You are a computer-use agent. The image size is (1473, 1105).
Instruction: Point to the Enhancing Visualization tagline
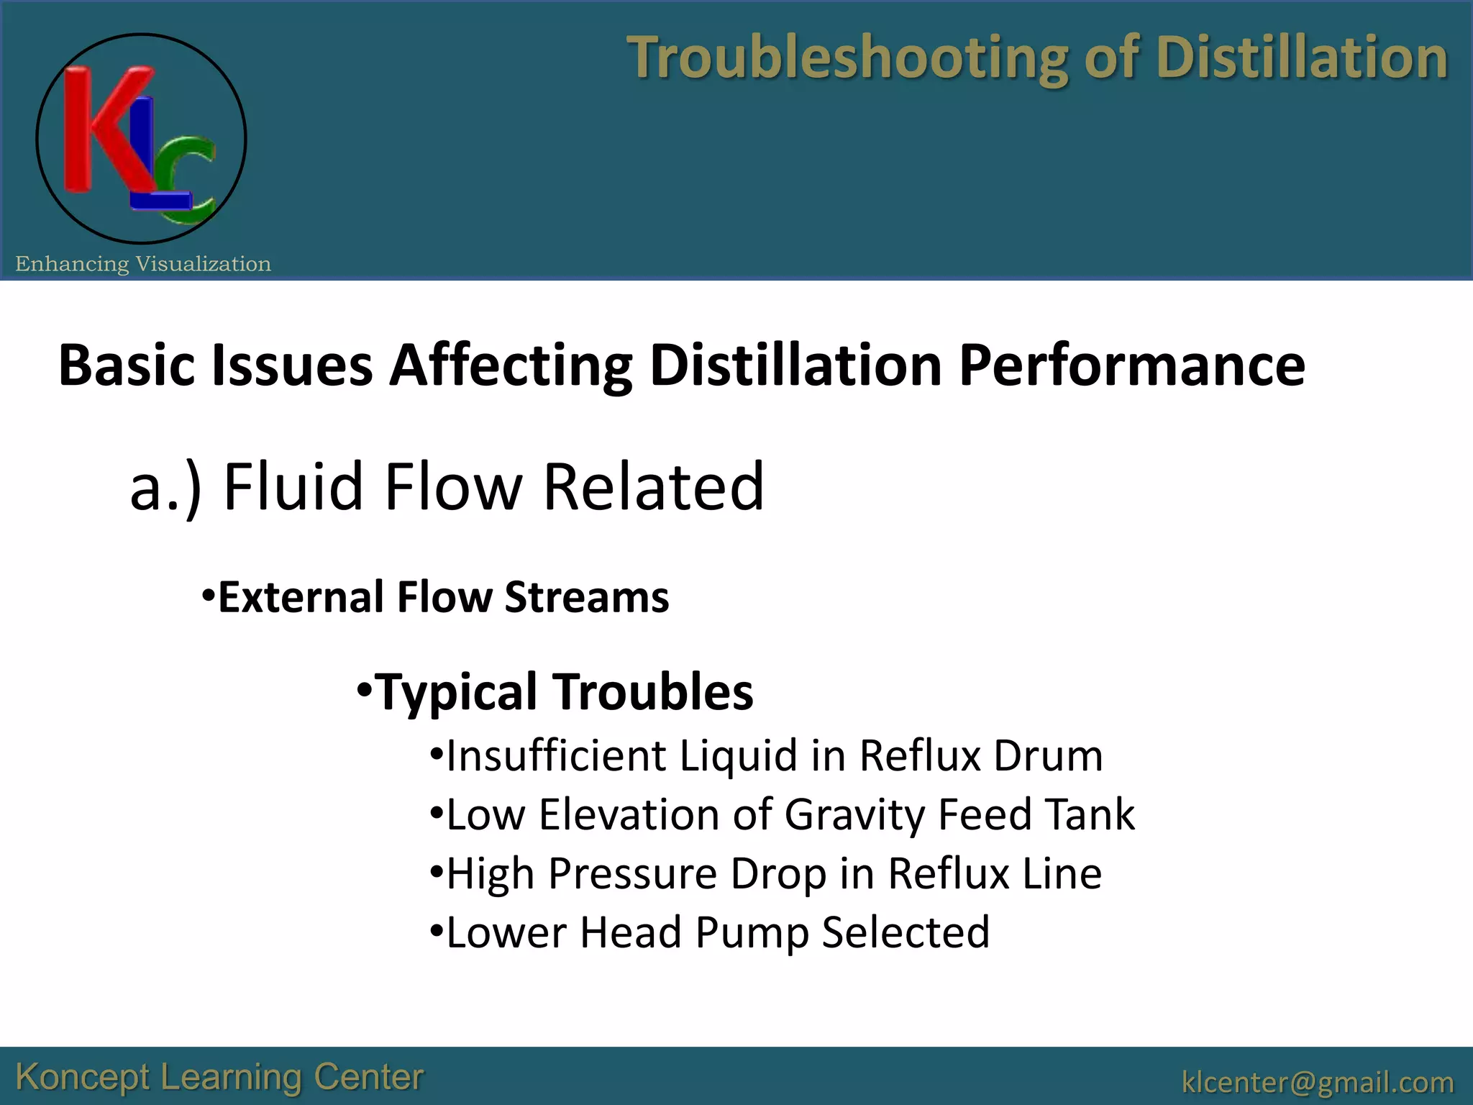pyautogui.click(x=143, y=264)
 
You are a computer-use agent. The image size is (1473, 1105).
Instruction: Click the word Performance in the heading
pyautogui.click(x=1131, y=365)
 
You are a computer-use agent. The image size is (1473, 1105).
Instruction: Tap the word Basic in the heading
pyautogui.click(x=127, y=365)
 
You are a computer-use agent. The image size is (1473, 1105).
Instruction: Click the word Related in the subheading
pyautogui.click(x=653, y=488)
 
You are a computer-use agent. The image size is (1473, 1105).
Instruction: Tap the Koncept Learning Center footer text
pyautogui.click(x=219, y=1077)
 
